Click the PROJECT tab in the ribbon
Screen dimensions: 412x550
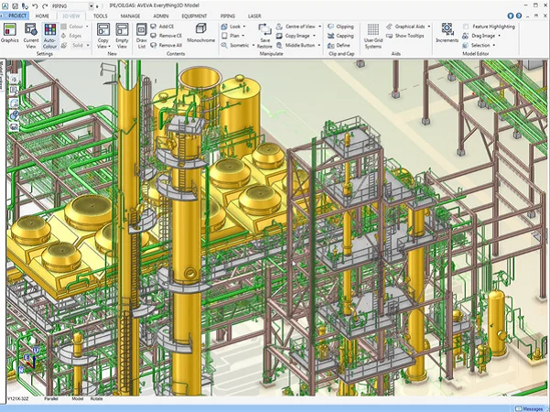18,16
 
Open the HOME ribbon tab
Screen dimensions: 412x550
43,16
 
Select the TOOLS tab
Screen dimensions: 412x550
101,16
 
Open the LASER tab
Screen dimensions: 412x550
254,16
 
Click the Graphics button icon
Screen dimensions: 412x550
10,32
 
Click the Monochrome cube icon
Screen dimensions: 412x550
201,30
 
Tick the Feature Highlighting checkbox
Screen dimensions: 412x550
467,27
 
